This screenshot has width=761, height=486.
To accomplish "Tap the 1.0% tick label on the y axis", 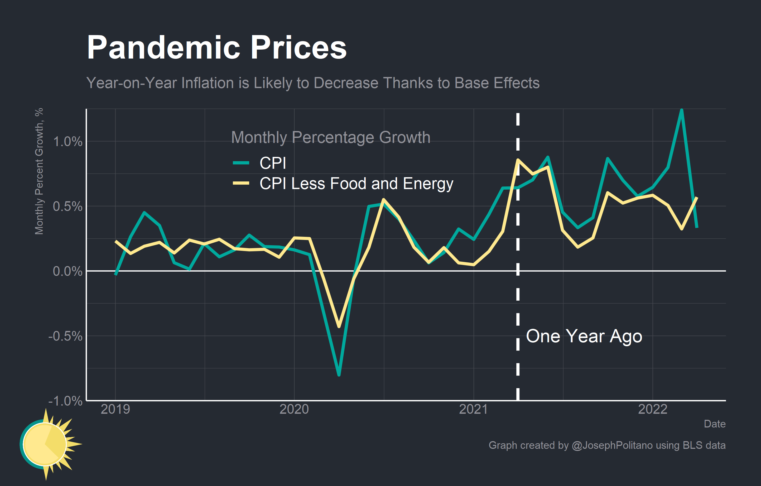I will [67, 142].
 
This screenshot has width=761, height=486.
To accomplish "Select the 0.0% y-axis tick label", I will [67, 271].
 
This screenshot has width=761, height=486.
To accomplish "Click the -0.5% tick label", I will [65, 336].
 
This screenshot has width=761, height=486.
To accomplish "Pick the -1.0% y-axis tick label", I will [65, 401].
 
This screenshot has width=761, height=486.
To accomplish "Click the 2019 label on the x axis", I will [115, 410].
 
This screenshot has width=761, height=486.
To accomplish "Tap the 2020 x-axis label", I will [294, 410].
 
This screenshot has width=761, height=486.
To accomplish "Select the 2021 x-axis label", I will [473, 410].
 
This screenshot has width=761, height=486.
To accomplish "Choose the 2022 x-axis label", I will [652, 410].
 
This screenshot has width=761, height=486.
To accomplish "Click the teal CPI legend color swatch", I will [241, 163].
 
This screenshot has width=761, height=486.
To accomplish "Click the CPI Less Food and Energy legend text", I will [356, 184].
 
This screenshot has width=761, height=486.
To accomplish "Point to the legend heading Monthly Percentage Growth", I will [331, 137].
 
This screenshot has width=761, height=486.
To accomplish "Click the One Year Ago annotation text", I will [584, 336].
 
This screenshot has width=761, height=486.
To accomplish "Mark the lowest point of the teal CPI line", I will [339, 375].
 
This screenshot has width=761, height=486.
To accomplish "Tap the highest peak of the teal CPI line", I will [681, 110].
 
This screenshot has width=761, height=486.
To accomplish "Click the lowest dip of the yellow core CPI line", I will [339, 326].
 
